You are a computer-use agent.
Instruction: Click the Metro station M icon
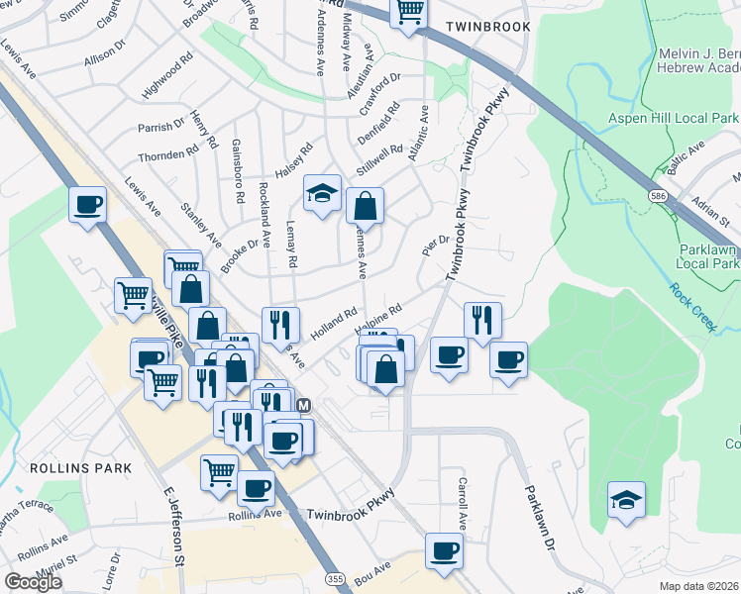coord(304,405)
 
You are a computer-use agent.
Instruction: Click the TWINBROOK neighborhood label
coord(487,27)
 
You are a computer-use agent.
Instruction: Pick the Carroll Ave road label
coord(462,502)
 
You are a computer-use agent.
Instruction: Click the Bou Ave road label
coord(373,571)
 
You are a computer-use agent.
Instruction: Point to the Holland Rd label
coord(333,323)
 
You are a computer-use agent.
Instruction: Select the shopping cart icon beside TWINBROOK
coord(408,12)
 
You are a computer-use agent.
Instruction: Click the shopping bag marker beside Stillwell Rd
coord(365,206)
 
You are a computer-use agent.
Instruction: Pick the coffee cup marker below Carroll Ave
coord(444,550)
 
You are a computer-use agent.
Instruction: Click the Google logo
coord(33,582)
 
